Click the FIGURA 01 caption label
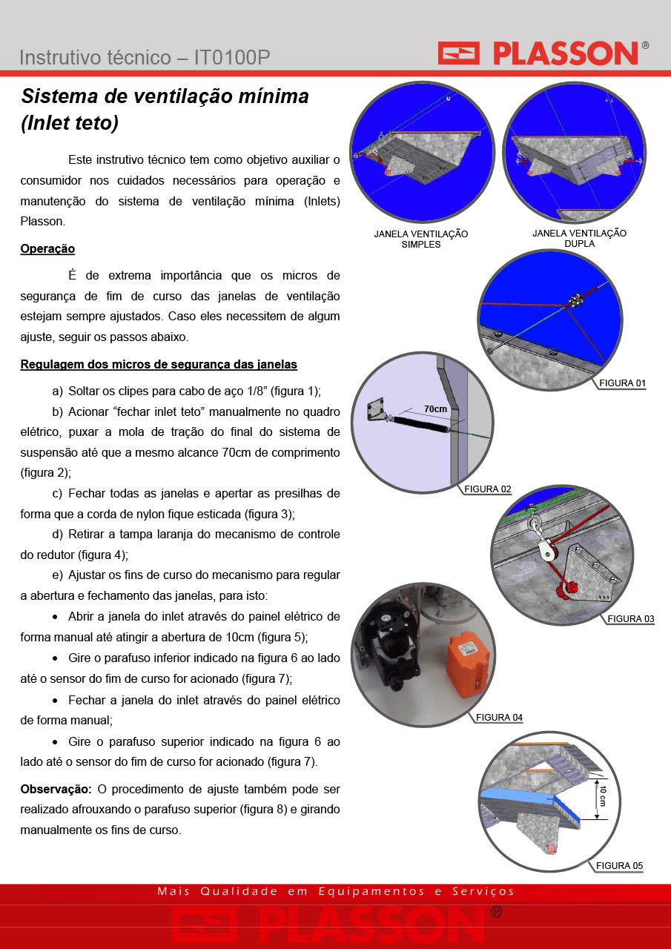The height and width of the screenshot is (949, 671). [622, 383]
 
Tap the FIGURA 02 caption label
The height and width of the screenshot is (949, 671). [488, 489]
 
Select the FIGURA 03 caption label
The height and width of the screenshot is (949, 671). [631, 619]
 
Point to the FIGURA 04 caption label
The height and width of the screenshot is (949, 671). [499, 717]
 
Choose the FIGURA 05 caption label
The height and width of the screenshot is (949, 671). [619, 865]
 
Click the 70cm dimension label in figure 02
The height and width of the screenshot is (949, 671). [435, 409]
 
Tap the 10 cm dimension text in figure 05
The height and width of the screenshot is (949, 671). [603, 796]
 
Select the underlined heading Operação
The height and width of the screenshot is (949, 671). [47, 248]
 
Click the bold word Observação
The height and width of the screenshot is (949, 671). [56, 789]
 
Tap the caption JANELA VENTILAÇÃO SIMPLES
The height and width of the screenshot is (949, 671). [420, 239]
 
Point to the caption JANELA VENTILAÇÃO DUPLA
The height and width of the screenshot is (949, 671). [580, 238]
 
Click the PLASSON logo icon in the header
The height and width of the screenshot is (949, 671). [458, 53]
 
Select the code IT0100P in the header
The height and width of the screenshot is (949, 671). [232, 58]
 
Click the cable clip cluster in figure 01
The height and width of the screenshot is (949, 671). [575, 300]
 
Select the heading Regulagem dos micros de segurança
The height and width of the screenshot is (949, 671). [159, 364]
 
